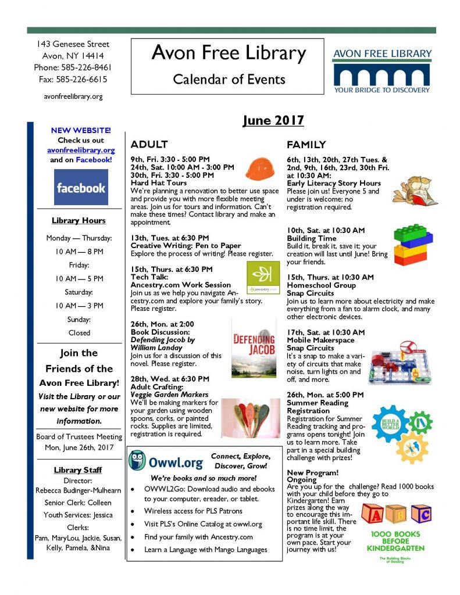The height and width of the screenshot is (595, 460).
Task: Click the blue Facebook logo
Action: click(x=80, y=188)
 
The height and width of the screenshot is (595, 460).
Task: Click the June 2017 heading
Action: click(x=273, y=120)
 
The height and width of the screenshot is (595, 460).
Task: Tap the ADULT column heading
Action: click(x=149, y=144)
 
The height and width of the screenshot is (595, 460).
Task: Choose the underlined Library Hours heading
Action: click(x=79, y=220)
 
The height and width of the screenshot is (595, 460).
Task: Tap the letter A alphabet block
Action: click(x=375, y=513)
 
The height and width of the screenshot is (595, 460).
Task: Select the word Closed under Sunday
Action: click(x=79, y=333)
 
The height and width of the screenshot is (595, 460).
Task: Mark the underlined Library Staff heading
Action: click(x=79, y=469)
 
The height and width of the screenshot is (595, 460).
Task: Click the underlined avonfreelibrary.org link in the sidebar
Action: click(x=81, y=150)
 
